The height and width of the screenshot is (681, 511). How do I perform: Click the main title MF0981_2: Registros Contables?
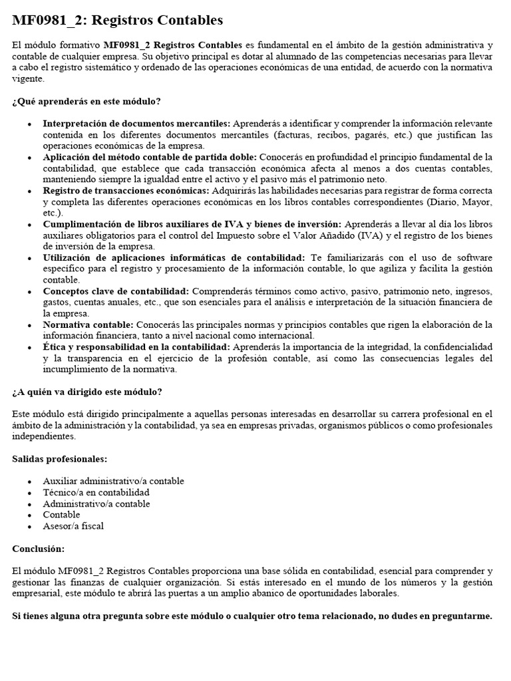tap(118, 21)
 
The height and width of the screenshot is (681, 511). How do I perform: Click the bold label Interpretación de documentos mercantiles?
tap(136, 124)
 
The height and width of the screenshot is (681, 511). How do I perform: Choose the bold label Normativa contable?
tap(88, 325)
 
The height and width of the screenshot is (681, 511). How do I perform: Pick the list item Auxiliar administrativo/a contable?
tap(113, 481)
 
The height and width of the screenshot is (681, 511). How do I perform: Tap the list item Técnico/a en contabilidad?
tap(96, 492)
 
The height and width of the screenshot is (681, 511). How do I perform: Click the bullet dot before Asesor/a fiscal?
tap(29, 526)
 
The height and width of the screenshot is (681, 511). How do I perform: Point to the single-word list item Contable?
tap(61, 515)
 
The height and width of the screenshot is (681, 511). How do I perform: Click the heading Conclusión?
tap(39, 549)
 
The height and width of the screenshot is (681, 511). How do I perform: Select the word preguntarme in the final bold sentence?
tap(463, 616)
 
